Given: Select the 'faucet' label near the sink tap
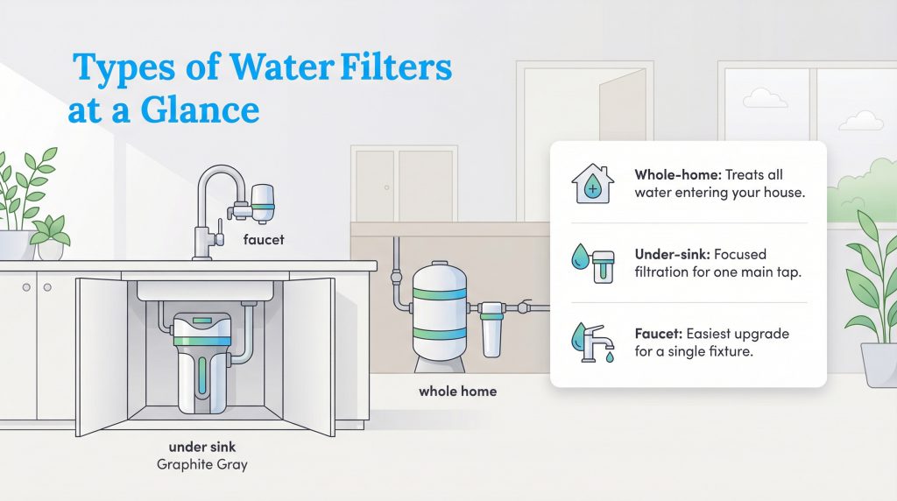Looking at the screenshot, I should click(262, 239).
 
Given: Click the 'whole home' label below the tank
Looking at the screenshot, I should click(457, 391).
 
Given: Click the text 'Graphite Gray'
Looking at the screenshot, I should click(201, 465).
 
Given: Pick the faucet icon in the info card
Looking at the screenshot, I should click(592, 343).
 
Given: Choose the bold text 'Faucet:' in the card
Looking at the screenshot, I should click(658, 335).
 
